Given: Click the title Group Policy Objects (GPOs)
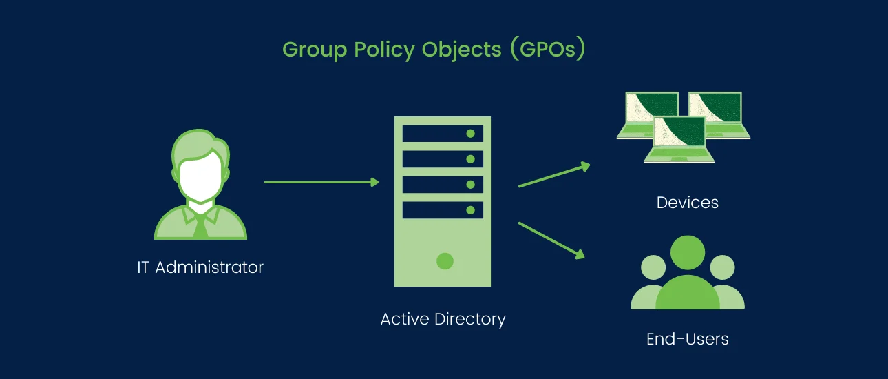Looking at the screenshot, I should (x=434, y=50).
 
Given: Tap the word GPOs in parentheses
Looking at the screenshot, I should (x=547, y=50).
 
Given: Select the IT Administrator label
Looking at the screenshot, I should (x=200, y=267).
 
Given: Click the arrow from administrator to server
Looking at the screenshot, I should (x=321, y=182).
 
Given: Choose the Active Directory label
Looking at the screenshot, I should (x=443, y=320).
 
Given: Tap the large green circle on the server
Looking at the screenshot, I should (x=445, y=261).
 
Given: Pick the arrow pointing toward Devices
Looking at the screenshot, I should (x=554, y=175).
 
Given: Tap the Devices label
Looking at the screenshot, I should (x=687, y=203).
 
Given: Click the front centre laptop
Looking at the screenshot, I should (x=679, y=140).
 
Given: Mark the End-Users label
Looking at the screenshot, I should (x=687, y=339).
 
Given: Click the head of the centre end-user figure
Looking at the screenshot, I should (x=687, y=253).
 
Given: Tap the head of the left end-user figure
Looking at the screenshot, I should (x=652, y=267).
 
